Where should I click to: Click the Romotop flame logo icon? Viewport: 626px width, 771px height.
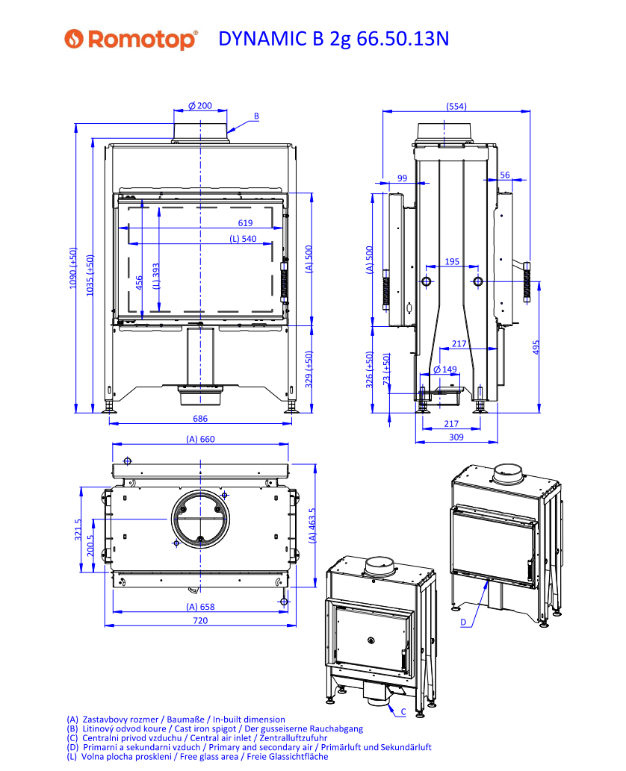74,39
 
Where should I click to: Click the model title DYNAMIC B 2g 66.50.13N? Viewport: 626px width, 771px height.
334,39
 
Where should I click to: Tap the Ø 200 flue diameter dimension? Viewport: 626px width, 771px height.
200,106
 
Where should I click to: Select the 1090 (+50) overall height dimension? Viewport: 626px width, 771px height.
73,268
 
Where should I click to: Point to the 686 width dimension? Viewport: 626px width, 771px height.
200,419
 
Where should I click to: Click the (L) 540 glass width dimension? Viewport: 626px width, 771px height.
243,239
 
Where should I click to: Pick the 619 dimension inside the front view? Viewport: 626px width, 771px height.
245,222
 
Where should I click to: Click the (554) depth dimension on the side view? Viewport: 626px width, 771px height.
456,106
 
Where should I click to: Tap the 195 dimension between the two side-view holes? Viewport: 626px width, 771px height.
452,261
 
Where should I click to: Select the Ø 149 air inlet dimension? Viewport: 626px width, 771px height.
445,369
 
